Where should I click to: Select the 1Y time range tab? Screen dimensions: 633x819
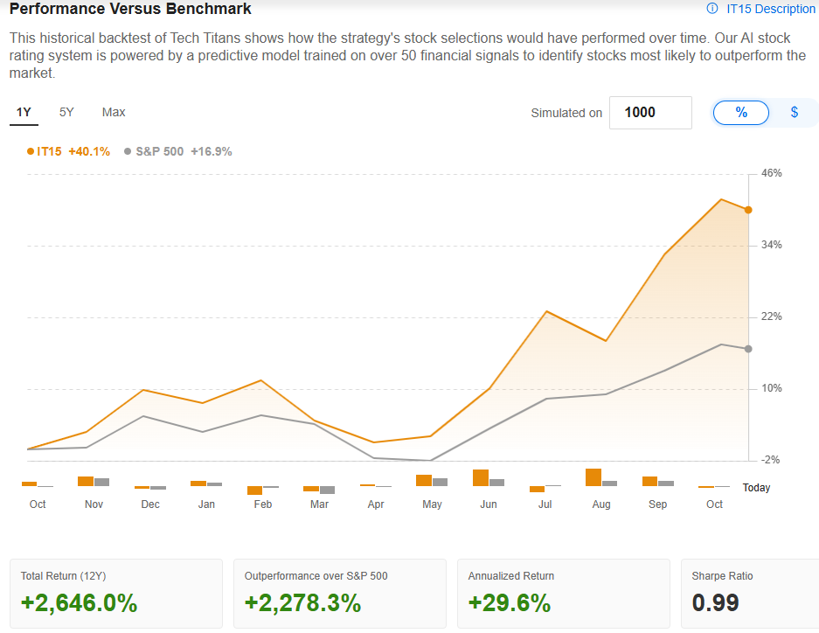coord(24,112)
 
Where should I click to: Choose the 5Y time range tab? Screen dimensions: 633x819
coord(66,112)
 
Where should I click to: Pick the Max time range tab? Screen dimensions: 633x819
coord(114,112)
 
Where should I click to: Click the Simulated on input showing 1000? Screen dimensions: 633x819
coord(650,113)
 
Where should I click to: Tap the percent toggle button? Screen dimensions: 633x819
coord(741,113)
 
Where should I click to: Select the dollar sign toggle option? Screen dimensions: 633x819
coord(794,113)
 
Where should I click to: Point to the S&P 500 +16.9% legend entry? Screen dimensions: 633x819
coord(178,151)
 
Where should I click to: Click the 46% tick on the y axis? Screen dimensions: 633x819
coord(772,174)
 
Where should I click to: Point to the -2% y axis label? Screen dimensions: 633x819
coord(772,460)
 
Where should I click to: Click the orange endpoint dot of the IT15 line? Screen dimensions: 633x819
coord(748,210)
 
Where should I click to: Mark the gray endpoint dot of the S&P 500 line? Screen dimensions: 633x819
coord(748,349)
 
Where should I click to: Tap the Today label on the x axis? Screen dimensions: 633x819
coord(756,488)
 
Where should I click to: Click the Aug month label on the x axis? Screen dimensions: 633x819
coord(601,504)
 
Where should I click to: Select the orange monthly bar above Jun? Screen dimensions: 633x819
coord(480,477)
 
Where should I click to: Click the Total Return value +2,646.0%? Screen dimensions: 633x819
coord(79,603)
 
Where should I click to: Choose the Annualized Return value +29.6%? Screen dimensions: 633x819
coord(510,603)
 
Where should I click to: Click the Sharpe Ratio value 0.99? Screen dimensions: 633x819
coord(715,603)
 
